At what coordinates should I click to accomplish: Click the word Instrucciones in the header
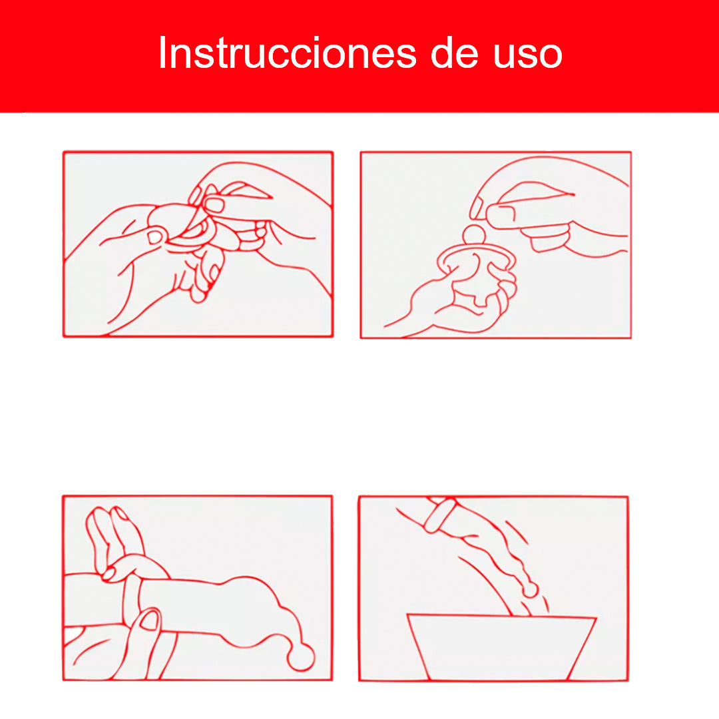tap(288, 53)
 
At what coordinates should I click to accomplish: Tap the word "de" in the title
tap(455, 53)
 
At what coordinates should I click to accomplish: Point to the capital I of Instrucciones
tap(161, 53)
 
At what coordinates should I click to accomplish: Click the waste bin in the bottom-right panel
tap(501, 646)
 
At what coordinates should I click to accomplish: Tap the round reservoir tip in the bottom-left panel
tap(301, 656)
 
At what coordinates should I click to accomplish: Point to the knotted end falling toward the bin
tap(530, 590)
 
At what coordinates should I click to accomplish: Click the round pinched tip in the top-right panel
tap(474, 234)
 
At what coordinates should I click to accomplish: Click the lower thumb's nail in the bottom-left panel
tap(149, 620)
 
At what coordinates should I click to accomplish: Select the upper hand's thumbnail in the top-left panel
tap(213, 204)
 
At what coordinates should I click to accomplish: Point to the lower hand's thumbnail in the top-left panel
tap(155, 236)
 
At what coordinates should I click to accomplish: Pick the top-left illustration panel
tap(198, 244)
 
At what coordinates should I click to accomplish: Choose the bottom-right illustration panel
tap(493, 589)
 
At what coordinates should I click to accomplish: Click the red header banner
tap(359, 56)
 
